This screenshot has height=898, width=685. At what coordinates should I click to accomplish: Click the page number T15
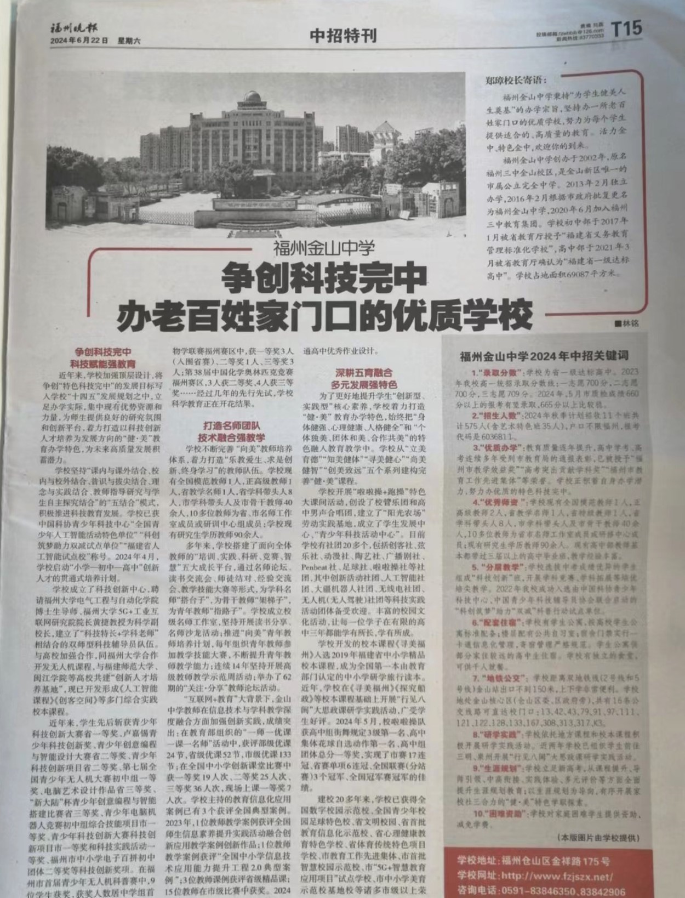[626, 29]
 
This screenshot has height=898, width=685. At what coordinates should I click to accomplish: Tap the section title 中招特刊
[343, 36]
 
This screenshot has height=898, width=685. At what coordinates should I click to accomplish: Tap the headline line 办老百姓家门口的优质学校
[324, 312]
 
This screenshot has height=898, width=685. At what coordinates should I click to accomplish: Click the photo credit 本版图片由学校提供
[597, 838]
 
